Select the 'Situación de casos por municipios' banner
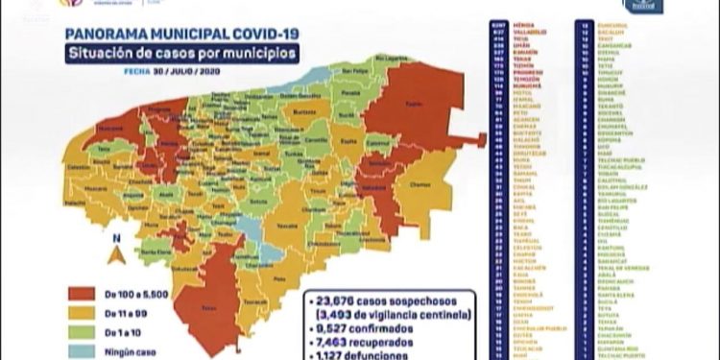click(175, 53)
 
